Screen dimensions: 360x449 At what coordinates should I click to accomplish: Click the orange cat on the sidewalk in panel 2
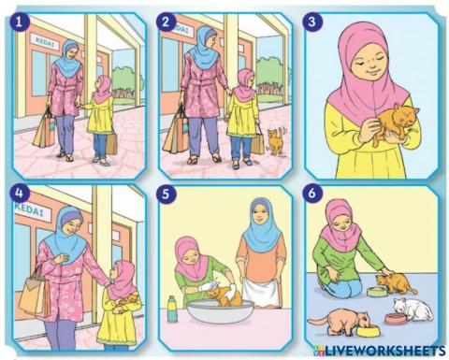click(x=276, y=142)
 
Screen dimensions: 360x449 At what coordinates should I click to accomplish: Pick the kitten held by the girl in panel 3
click(x=385, y=123)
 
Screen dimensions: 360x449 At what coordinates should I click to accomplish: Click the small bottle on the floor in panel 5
click(x=172, y=308)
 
